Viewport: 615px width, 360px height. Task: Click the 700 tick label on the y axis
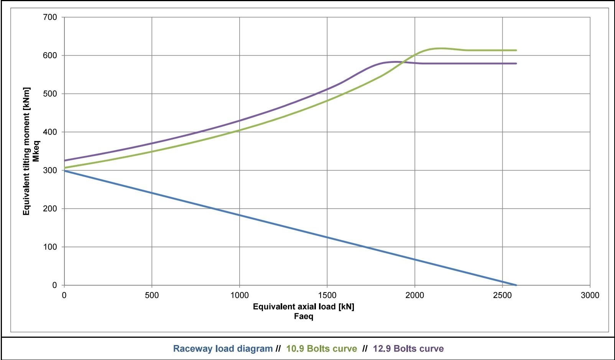pos(50,17)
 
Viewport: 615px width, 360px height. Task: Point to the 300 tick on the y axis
pos(50,171)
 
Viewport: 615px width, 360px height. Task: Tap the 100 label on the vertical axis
pos(50,247)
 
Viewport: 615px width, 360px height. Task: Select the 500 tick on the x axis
pos(152,296)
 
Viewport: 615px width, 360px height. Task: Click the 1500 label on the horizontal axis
pos(327,296)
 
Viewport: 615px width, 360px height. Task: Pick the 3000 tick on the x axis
pos(590,296)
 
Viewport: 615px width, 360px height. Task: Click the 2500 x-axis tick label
pos(502,296)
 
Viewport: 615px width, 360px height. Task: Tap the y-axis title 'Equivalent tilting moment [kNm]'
pos(26,151)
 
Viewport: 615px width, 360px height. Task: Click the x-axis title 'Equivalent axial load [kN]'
pos(303,307)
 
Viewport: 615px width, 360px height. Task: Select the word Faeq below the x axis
pos(303,317)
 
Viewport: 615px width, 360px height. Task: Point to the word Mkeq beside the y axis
pos(36,151)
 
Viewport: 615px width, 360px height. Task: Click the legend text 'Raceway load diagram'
pos(223,349)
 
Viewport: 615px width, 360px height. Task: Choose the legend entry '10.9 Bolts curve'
pos(322,349)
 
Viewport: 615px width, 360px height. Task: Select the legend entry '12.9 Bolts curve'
pos(408,349)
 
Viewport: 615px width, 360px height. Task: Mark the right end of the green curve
pos(516,50)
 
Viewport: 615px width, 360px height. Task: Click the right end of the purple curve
pos(516,63)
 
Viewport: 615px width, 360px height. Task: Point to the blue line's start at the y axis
pos(64,171)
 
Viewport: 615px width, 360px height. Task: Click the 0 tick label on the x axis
pos(64,296)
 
